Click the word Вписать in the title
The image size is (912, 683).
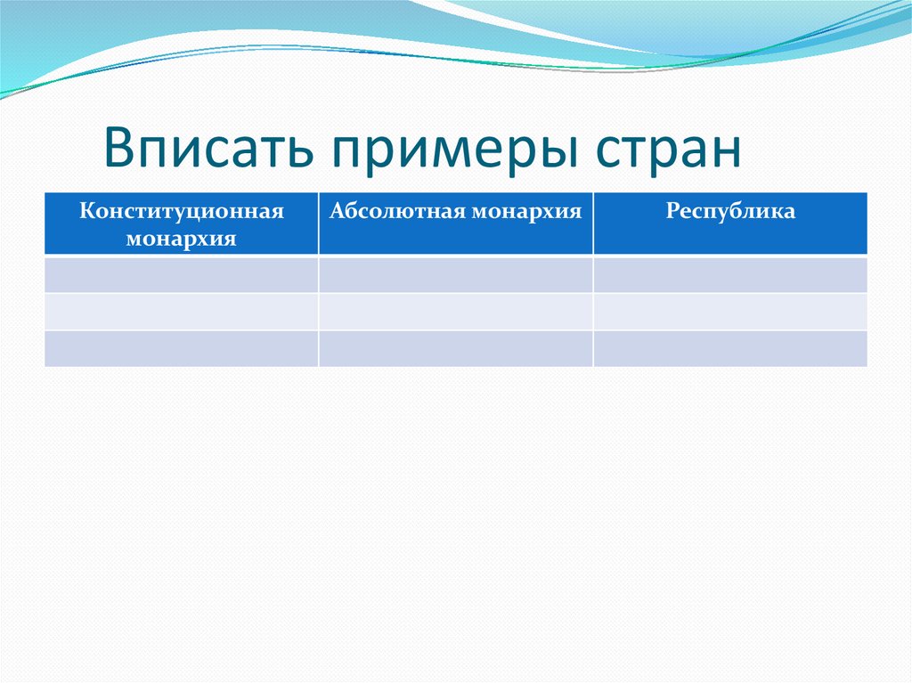pos(211,148)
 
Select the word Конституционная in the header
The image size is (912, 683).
pos(182,212)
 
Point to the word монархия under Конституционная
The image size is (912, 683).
pos(182,240)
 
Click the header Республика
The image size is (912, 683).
pos(730,212)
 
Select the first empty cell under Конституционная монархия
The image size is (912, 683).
pos(182,274)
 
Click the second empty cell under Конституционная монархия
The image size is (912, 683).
pos(182,312)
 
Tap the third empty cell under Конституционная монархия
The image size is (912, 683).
pos(182,348)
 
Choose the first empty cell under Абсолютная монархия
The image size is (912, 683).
pos(455,274)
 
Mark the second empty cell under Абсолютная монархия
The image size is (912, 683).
pos(455,312)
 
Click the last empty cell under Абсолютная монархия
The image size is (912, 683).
pos(455,348)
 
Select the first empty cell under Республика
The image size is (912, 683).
pos(730,274)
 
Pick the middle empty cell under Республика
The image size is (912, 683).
pos(730,312)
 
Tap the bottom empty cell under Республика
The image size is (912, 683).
pos(730,348)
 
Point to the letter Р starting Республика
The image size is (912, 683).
pos(671,212)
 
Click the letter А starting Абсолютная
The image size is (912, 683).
pos(337,212)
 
